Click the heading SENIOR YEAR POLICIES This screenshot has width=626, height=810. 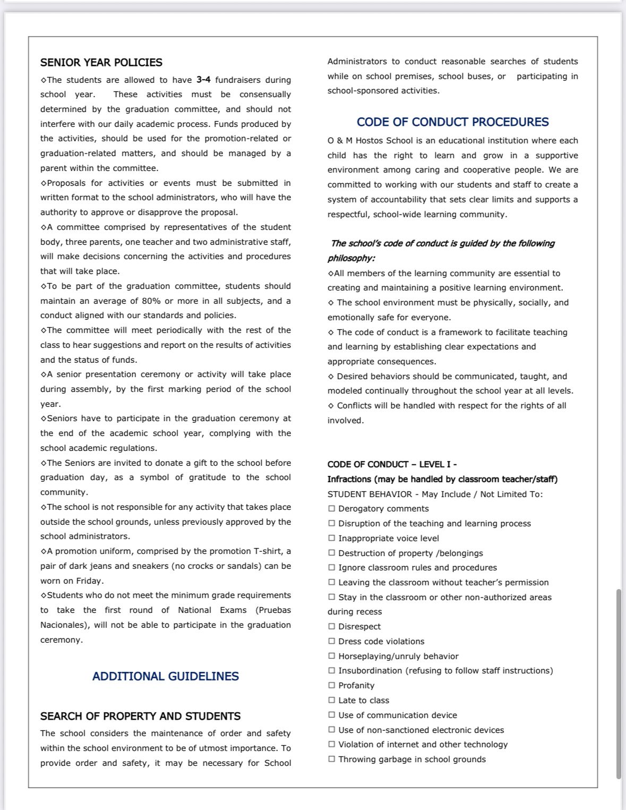click(101, 63)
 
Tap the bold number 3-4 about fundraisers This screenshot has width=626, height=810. click(203, 80)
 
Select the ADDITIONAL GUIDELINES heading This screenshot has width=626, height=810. click(166, 676)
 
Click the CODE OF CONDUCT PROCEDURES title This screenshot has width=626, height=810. click(452, 122)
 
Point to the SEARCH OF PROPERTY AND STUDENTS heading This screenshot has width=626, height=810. click(140, 716)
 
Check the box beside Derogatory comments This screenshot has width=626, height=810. click(332, 509)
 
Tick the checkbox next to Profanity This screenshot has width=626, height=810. click(332, 686)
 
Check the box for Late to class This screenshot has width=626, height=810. click(332, 701)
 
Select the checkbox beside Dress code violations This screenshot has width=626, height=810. click(332, 642)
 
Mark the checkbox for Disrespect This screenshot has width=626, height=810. click(332, 627)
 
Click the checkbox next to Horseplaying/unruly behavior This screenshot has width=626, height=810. click(332, 656)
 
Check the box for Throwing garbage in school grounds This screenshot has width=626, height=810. click(332, 760)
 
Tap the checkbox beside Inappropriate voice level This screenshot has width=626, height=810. click(332, 539)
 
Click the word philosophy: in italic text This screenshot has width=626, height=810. click(351, 258)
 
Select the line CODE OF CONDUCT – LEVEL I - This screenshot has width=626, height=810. click(392, 464)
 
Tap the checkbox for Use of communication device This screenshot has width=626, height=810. click(332, 715)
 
